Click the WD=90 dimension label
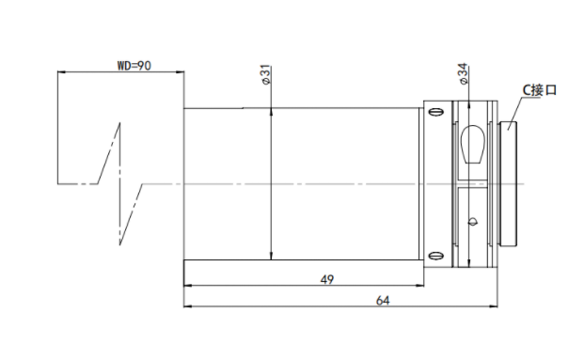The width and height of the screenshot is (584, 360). click(x=134, y=66)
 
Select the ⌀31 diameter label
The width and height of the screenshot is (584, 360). click(x=266, y=74)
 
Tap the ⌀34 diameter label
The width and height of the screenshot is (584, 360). click(x=463, y=73)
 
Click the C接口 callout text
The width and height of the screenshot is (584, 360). click(x=539, y=89)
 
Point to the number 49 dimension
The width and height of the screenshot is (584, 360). click(x=327, y=279)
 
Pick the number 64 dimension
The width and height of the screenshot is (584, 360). click(x=383, y=301)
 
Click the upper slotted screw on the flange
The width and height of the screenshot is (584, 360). click(x=435, y=111)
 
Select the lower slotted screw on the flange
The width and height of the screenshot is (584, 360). click(x=435, y=256)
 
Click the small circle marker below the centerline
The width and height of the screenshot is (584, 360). click(x=473, y=222)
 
